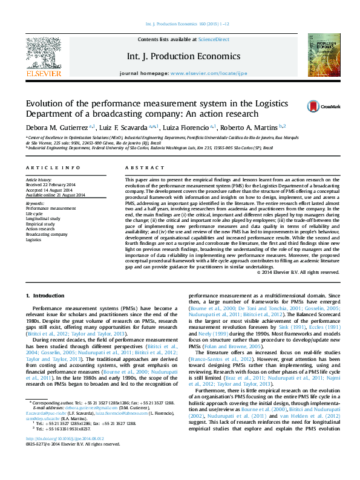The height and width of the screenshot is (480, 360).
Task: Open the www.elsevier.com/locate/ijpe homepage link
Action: click(209, 73)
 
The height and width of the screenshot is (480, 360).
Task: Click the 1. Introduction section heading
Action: click(46, 295)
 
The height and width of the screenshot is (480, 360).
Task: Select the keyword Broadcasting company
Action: click(47, 234)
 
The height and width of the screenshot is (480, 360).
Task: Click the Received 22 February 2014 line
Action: click(50, 184)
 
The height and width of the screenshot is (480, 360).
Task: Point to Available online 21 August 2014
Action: click(55, 194)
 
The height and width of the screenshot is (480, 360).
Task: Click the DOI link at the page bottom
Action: click(65, 456)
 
